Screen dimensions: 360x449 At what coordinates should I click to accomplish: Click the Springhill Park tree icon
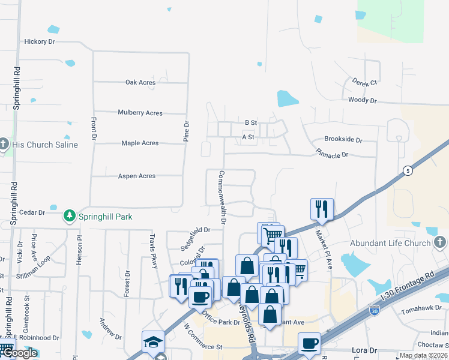70,216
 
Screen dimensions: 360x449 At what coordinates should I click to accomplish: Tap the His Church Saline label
46,145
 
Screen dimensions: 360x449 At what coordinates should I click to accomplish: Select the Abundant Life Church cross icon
439,243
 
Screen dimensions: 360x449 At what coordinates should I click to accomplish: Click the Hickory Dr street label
40,42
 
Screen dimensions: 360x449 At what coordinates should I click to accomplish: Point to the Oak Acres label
140,83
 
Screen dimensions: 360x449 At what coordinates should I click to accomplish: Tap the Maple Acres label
140,143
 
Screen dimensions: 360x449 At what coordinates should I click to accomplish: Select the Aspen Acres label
138,176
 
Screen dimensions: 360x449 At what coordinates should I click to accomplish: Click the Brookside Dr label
343,140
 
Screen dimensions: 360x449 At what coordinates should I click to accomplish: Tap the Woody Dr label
362,101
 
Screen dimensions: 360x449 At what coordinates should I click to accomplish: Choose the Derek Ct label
364,82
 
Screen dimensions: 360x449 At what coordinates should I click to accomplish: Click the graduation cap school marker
152,342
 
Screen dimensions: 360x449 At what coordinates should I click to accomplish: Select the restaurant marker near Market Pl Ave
322,209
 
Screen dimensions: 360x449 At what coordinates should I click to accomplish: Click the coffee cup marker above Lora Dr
309,343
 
